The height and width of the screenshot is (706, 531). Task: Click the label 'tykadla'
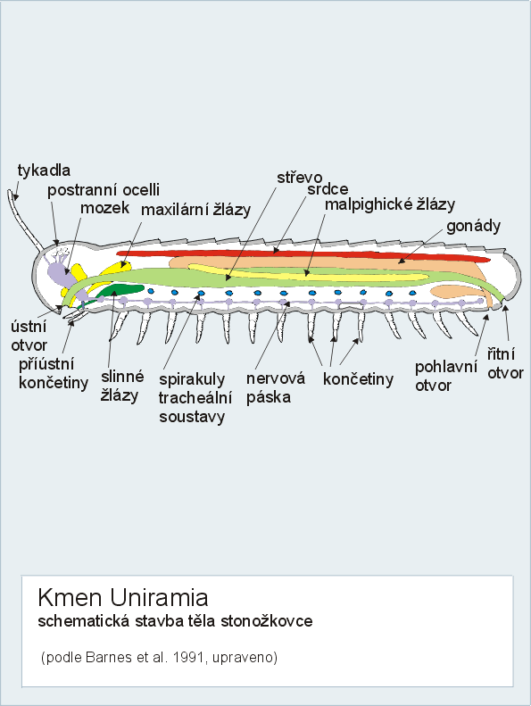(x=44, y=170)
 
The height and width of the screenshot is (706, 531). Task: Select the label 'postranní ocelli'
(x=104, y=190)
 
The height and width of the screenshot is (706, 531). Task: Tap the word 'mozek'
(x=105, y=208)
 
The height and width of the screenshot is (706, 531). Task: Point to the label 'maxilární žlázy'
(x=196, y=210)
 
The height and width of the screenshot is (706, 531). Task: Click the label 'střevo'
(x=300, y=178)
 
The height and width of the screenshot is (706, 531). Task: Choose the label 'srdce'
(x=328, y=189)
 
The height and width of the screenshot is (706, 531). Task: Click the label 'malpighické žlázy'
(x=390, y=204)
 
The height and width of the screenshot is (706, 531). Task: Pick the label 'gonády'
(x=473, y=226)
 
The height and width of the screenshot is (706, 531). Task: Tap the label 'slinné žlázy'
(x=122, y=386)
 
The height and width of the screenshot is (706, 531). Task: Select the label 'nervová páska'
(x=275, y=387)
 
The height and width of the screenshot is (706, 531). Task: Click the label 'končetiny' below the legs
(x=358, y=379)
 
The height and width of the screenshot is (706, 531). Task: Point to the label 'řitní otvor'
(x=505, y=364)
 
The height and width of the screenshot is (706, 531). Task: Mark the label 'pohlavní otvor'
(x=446, y=376)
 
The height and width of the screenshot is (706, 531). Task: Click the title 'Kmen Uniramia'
(x=123, y=598)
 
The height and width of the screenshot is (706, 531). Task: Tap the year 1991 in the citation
(x=189, y=658)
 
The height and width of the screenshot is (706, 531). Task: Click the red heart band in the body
(x=302, y=255)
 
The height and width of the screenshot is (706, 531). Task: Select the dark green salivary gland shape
(x=118, y=291)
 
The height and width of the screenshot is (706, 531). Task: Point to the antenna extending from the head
(x=25, y=220)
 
